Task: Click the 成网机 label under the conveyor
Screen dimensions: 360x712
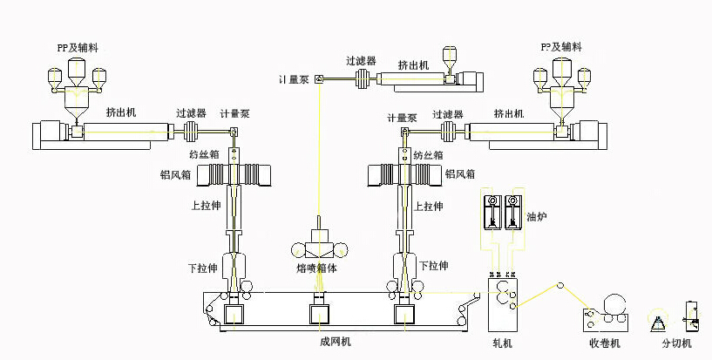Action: click(335, 342)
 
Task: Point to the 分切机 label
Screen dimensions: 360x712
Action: click(676, 343)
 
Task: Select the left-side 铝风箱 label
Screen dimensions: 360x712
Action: click(177, 174)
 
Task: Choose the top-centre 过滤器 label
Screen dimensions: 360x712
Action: click(360, 61)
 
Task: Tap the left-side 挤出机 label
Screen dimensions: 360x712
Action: click(121, 112)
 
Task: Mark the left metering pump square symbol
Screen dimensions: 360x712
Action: click(234, 132)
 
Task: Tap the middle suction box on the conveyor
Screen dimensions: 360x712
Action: click(319, 313)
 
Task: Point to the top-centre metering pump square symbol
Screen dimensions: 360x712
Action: click(319, 81)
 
